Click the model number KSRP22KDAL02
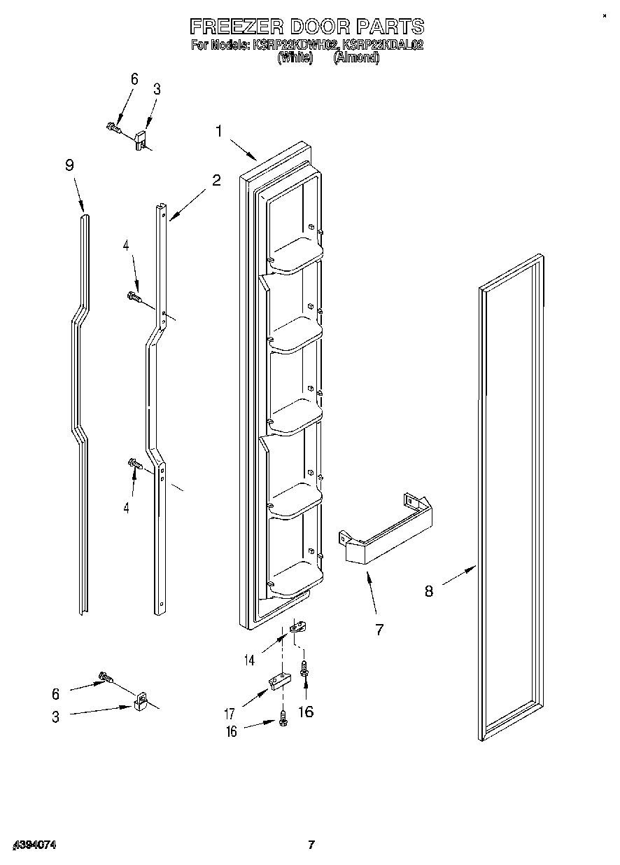[382, 46]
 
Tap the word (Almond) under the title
[356, 59]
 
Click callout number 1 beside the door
[219, 131]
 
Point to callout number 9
[69, 166]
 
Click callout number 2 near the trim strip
[216, 180]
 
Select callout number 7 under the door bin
[379, 630]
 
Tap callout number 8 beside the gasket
[428, 591]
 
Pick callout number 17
[229, 715]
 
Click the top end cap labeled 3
[142, 137]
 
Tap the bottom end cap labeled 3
[141, 703]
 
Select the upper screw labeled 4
[133, 298]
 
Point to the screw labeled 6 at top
[113, 127]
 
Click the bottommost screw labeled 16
[283, 719]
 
